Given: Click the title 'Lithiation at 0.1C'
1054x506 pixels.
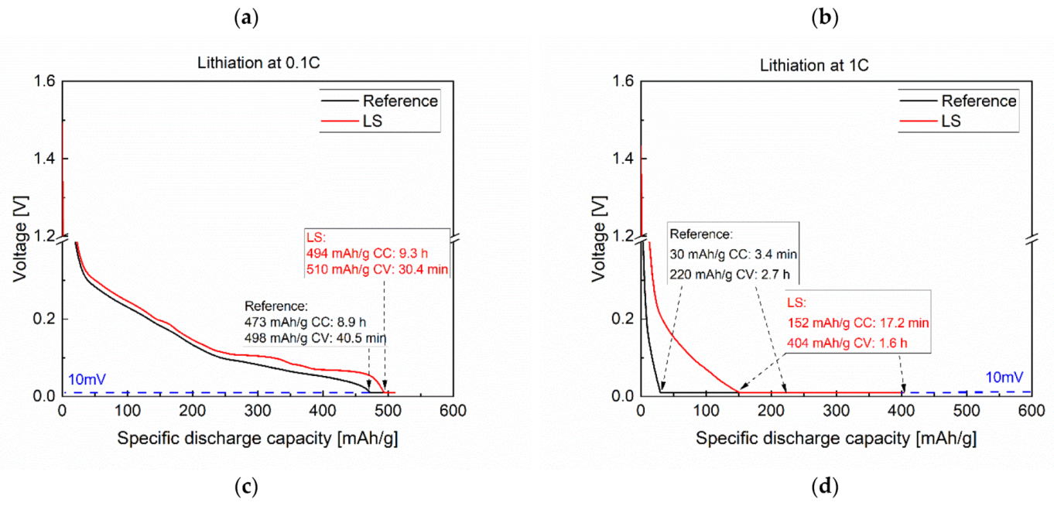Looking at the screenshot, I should click(258, 65).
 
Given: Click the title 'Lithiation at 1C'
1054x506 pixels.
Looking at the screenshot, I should click(836, 65).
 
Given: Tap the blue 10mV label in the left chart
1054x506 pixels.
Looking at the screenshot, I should click(87, 380).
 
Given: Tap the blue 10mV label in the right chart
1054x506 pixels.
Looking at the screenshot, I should click(1004, 378).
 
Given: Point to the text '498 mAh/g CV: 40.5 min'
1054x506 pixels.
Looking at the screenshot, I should click(315, 338).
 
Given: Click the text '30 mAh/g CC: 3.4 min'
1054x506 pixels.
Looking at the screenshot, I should click(733, 254).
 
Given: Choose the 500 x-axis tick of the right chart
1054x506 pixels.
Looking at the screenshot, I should click(966, 411).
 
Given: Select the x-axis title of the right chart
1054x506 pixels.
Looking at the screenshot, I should click(836, 439).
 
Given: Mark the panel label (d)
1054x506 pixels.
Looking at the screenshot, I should click(823, 488).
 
